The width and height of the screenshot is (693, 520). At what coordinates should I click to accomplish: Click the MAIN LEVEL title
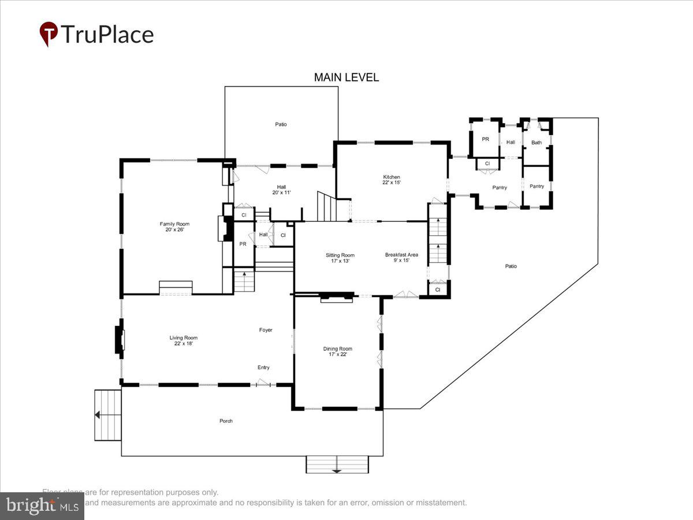point(346,77)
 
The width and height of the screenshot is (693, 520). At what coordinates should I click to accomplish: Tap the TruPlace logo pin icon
point(49,34)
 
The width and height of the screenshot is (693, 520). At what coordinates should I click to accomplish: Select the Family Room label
point(174,226)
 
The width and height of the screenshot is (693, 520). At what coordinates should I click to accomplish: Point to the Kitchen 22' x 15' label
point(392,180)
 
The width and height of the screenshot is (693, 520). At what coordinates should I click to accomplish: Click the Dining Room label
point(337,351)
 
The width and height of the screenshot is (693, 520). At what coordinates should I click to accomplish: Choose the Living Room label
point(183,340)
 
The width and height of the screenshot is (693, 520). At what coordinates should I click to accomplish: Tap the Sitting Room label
point(340,258)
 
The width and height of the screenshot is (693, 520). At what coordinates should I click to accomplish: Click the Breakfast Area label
point(401,258)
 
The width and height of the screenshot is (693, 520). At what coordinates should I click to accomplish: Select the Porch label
point(226,421)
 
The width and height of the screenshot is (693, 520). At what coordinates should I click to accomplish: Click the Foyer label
point(265,330)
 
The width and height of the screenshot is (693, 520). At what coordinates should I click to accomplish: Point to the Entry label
point(263,367)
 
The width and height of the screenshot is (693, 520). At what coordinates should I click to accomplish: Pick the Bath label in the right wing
point(536,142)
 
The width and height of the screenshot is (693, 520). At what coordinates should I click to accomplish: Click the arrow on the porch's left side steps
point(98,414)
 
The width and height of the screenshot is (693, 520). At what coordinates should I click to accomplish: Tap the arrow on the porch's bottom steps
point(337,471)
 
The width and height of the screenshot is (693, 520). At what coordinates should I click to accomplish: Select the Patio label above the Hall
point(281,124)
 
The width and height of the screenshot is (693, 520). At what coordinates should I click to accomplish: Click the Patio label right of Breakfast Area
point(511,266)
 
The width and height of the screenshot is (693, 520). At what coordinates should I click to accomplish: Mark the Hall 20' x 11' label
point(281,190)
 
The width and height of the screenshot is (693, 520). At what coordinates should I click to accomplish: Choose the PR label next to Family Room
point(243,244)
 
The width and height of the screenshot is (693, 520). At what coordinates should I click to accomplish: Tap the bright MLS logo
point(42,506)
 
